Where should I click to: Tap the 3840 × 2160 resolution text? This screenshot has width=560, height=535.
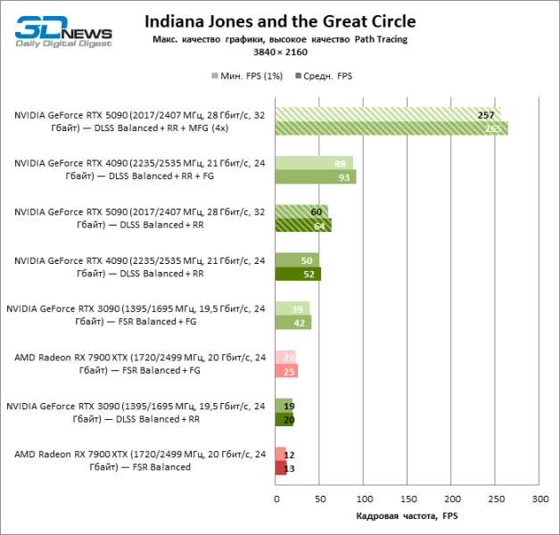[280, 53]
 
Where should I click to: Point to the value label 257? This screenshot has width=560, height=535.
[486, 116]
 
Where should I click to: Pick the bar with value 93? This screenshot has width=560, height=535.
[316, 177]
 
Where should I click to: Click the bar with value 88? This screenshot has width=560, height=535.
[314, 164]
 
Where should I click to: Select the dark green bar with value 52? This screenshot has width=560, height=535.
[298, 274]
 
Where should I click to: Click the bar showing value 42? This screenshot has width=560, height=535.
[293, 323]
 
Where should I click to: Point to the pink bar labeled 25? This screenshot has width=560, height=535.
[286, 371]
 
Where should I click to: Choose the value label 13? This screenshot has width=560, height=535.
[289, 468]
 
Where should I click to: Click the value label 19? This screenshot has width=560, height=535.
[289, 407]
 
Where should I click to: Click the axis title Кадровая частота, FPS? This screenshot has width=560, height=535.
[406, 516]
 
